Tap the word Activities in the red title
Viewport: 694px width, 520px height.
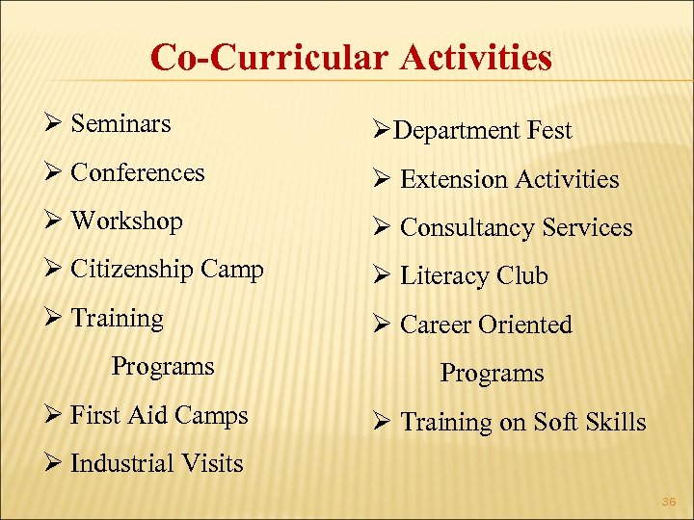click(476, 58)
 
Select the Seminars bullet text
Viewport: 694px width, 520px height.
click(120, 124)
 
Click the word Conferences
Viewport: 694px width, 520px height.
click(138, 173)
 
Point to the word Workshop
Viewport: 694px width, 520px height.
click(126, 221)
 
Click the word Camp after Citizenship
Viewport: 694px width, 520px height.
click(232, 271)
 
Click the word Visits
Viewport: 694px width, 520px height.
click(216, 464)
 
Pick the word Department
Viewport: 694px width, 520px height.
click(457, 131)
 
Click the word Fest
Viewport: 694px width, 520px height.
click(549, 131)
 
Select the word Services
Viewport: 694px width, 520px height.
click(588, 228)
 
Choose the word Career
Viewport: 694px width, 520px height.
click(439, 325)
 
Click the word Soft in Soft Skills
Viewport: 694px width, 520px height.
click(553, 422)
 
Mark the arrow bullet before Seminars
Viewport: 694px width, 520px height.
click(54, 125)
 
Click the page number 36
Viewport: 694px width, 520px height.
click(669, 502)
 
